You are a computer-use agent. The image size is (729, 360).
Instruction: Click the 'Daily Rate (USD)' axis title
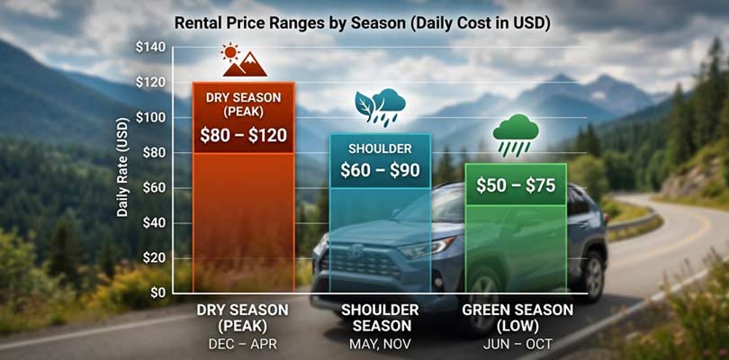pyautogui.click(x=122, y=170)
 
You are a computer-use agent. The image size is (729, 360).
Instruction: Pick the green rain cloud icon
pyautogui.click(x=516, y=135)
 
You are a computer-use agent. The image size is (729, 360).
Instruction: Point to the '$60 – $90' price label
pyautogui.click(x=380, y=170)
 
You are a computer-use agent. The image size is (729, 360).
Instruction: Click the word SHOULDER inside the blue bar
pyautogui.click(x=380, y=148)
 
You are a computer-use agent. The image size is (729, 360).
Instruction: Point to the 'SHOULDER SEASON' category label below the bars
pyautogui.click(x=380, y=319)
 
